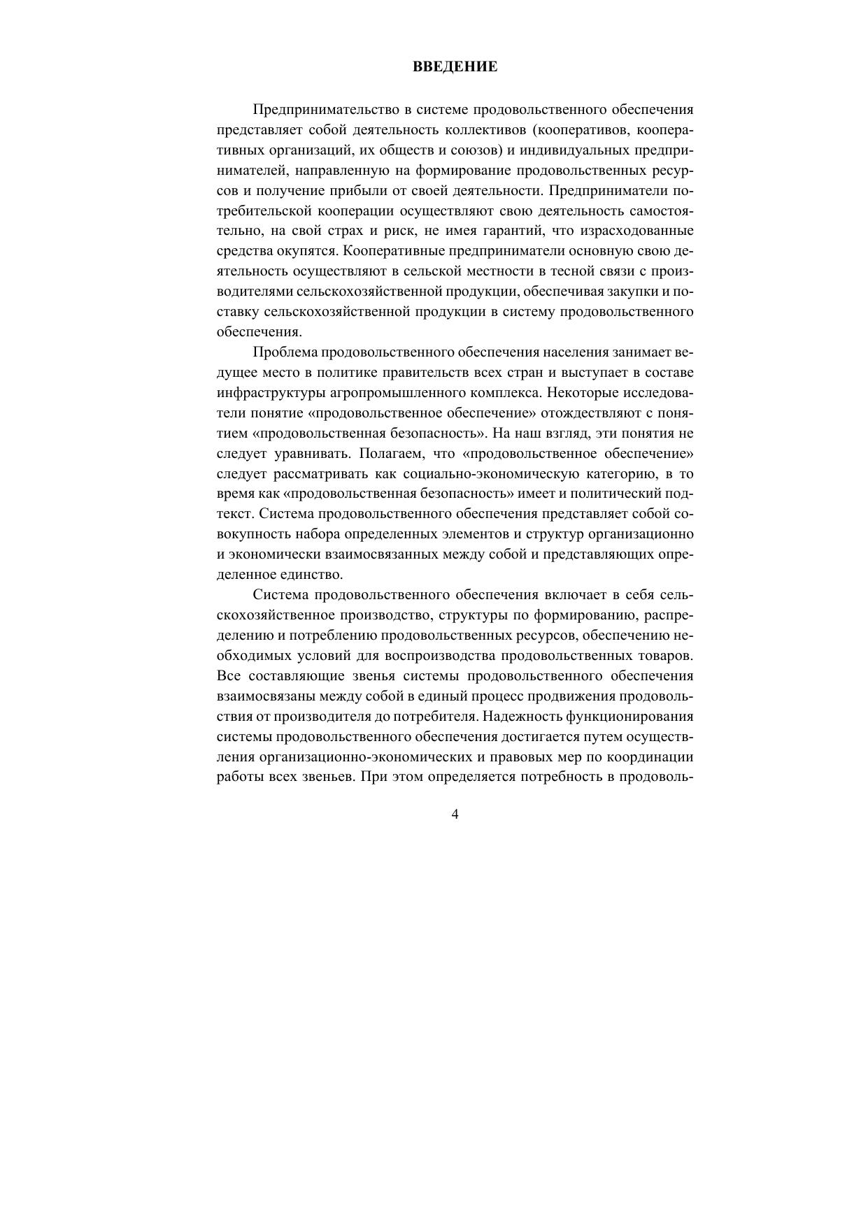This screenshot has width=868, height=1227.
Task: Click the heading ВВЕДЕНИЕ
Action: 455,67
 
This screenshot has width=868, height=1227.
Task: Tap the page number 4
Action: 455,815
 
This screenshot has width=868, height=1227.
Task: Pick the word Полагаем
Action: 387,454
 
